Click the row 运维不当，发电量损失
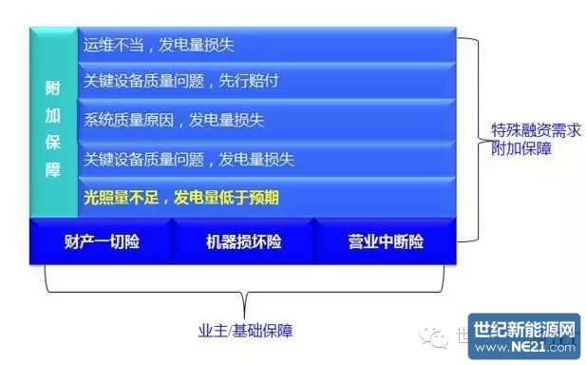coord(266,44)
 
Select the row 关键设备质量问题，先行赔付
coord(266,81)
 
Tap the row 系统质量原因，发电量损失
coord(266,120)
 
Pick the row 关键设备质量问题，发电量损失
coord(266,158)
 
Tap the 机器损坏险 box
coord(243,241)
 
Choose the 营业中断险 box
coord(385,241)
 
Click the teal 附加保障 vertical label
coord(53,121)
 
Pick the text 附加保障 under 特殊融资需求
coord(516,149)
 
